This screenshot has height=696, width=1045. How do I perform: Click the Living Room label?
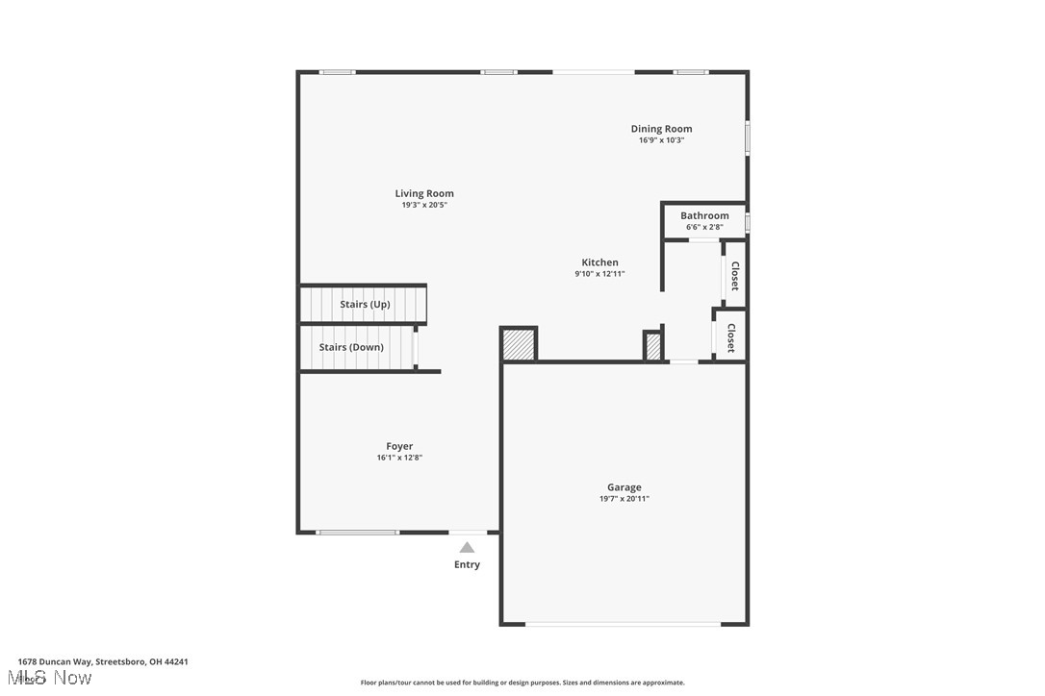click(x=424, y=193)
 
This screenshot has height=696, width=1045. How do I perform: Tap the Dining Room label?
click(x=661, y=129)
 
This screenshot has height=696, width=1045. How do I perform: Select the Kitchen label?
click(x=599, y=262)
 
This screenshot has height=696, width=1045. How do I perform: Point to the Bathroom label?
click(x=704, y=215)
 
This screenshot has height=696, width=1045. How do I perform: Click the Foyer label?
click(x=399, y=446)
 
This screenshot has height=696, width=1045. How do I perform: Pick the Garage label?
click(x=624, y=487)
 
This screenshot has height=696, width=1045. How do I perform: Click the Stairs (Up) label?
click(x=365, y=305)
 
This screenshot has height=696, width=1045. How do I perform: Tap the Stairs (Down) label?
click(x=351, y=347)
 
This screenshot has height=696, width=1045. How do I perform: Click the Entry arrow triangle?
click(x=467, y=547)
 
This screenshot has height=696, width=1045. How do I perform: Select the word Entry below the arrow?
click(x=467, y=564)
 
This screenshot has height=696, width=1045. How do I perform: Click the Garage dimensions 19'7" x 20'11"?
click(x=624, y=499)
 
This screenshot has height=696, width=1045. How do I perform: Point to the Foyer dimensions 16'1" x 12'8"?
click(x=399, y=458)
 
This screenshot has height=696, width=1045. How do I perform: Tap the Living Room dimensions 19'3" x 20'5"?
click(x=424, y=205)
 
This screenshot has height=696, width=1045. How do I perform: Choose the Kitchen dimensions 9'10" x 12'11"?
click(x=599, y=274)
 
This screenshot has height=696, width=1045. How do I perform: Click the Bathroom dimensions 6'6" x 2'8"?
click(x=704, y=227)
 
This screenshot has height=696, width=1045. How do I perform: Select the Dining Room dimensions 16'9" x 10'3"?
click(x=661, y=140)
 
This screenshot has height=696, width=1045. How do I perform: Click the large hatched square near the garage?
click(x=519, y=344)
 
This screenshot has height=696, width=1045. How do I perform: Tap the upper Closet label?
click(x=734, y=276)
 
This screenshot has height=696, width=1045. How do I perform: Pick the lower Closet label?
click(x=730, y=337)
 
